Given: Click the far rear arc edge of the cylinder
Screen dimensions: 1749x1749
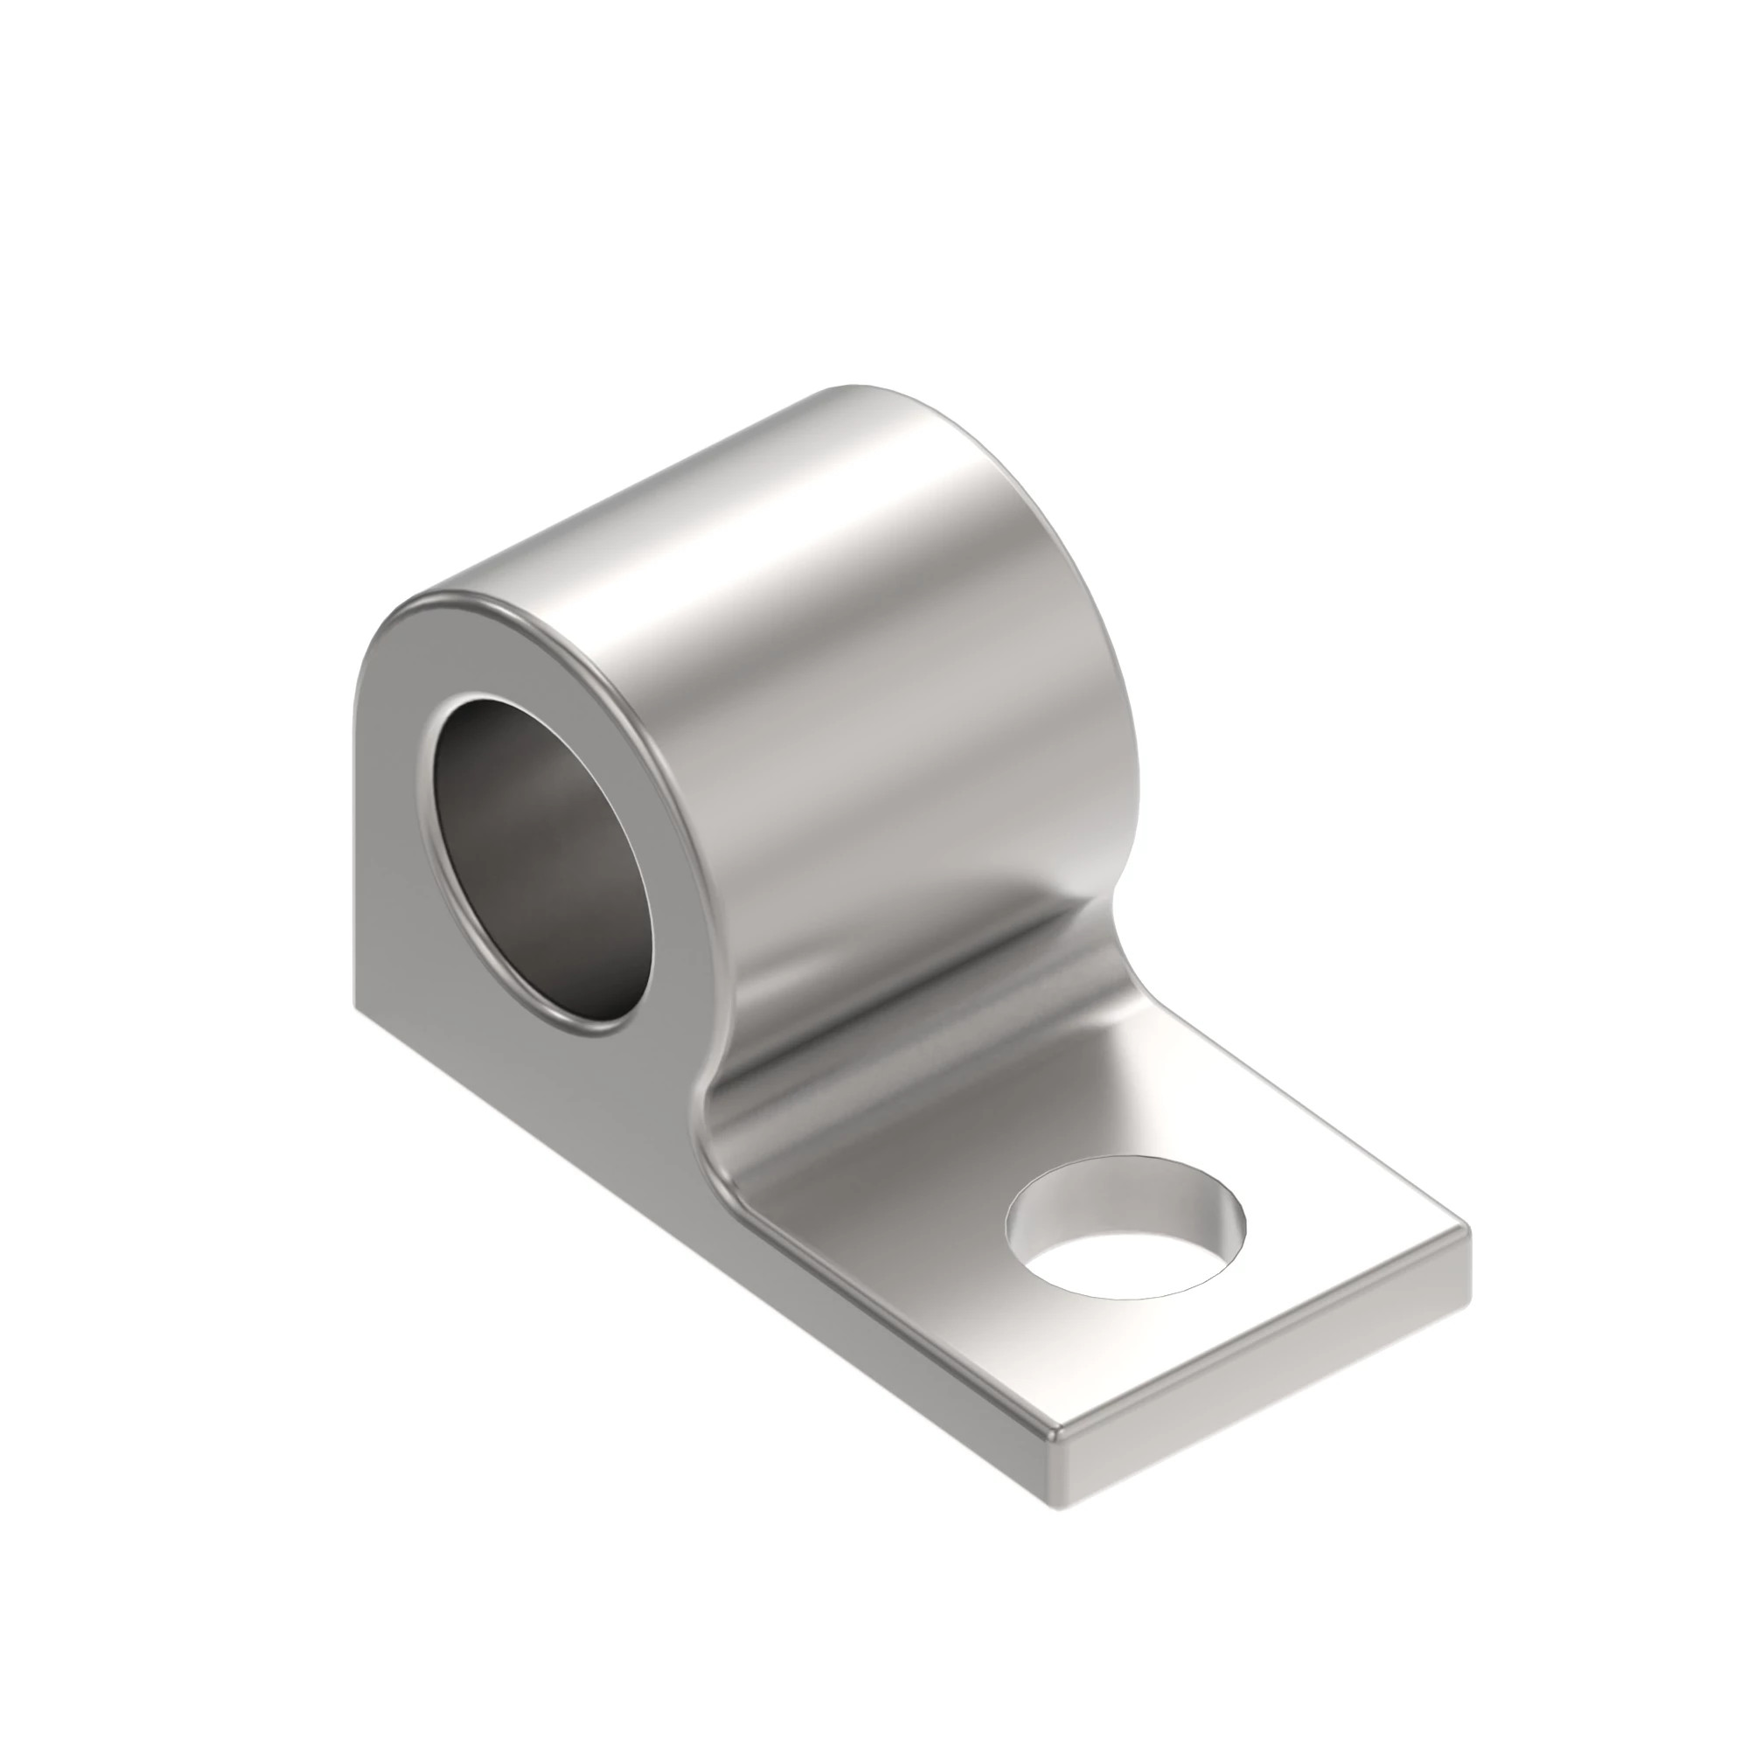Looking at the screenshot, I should click(x=1041, y=507).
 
